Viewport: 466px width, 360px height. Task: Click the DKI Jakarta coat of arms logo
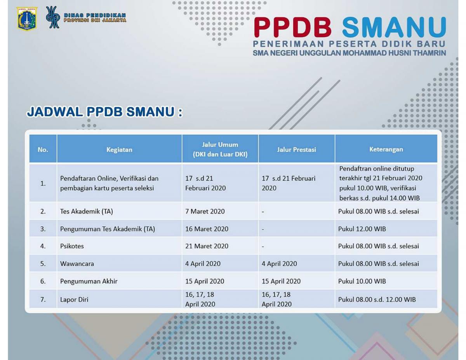tap(27, 18)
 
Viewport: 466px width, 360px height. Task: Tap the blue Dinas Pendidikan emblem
tap(53, 17)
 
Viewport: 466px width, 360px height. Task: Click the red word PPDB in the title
tap(293, 28)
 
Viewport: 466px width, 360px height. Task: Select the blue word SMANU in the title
tap(394, 28)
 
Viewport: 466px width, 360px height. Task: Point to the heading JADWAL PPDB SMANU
tap(104, 112)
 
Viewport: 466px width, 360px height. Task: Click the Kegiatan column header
tap(119, 150)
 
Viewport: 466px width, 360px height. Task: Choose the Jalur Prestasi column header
tap(296, 150)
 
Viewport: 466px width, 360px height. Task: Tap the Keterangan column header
tap(386, 149)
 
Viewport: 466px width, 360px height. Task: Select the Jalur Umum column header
tap(220, 150)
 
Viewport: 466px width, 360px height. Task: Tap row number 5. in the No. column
tap(43, 264)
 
